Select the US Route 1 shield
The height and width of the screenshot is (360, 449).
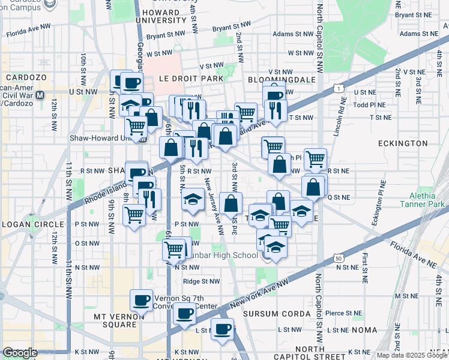point(340,88)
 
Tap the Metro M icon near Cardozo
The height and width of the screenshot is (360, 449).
point(40,95)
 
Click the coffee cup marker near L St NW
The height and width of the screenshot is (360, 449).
point(222,329)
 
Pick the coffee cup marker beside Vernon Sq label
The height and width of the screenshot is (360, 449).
point(142,299)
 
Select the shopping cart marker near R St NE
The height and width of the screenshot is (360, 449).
point(315,159)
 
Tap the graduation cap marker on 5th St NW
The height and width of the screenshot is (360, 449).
point(193,199)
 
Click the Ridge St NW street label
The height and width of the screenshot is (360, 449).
point(201,281)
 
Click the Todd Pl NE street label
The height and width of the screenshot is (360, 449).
point(369,104)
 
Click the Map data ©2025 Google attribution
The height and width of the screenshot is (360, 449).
point(412,355)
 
